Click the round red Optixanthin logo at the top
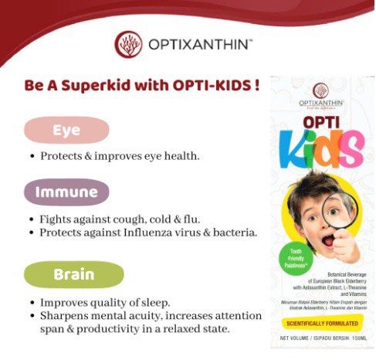[x=128, y=45]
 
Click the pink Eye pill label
[x=66, y=131]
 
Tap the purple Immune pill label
[x=66, y=191]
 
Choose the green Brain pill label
[x=73, y=274]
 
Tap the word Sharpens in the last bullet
[x=63, y=317]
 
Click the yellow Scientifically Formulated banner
[x=320, y=321]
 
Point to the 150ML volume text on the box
[x=357, y=338]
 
